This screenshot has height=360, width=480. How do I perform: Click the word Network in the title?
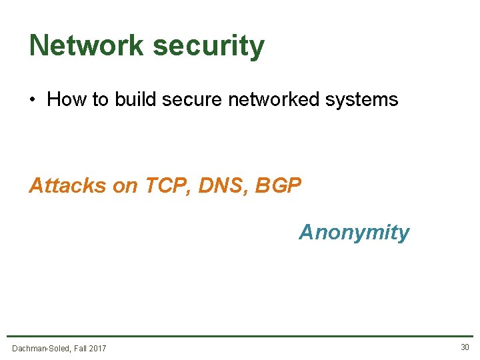click(87, 45)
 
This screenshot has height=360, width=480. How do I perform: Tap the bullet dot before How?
click(32, 101)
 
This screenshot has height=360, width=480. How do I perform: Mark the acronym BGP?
click(278, 185)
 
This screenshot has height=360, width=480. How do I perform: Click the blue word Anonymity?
click(354, 233)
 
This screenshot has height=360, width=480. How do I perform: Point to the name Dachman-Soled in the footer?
click(41, 348)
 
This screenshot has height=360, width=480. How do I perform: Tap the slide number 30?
click(465, 347)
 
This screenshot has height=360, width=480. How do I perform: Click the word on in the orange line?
click(125, 185)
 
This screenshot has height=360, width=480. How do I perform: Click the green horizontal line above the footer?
click(240, 336)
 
